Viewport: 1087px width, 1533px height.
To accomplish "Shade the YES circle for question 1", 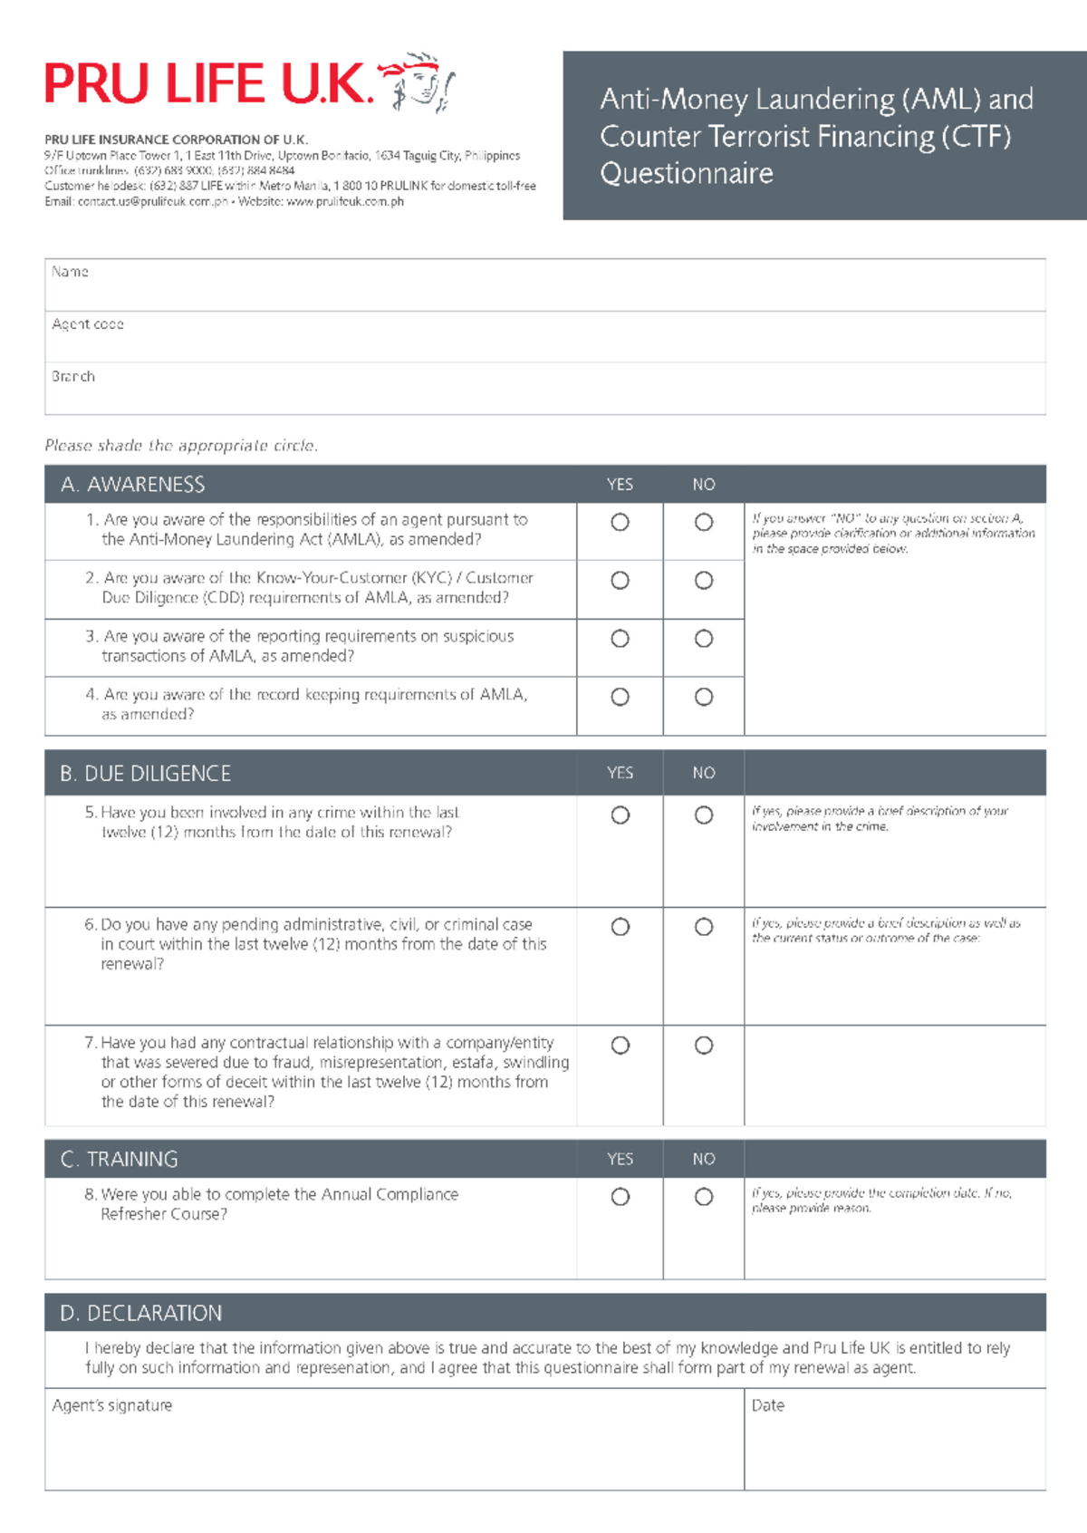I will (x=620, y=522).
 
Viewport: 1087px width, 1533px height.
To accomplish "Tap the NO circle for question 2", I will (x=704, y=581).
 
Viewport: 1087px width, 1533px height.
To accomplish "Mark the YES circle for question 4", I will (x=620, y=697).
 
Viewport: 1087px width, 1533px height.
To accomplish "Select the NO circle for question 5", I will (x=704, y=815).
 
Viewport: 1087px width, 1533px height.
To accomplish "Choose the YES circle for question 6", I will (x=620, y=927).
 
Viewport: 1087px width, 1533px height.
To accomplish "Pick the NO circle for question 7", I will (x=704, y=1046).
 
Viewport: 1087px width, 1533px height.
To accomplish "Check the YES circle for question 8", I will (x=620, y=1197).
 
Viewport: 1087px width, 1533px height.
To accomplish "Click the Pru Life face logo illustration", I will (x=418, y=82).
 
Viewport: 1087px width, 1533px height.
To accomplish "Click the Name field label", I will (x=70, y=272).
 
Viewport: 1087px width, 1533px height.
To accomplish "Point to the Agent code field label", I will (x=87, y=324).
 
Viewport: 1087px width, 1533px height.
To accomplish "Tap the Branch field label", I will (x=72, y=376).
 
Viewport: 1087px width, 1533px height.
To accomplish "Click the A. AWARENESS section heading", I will (x=133, y=485).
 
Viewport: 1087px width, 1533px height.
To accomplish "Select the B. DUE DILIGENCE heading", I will (x=145, y=774).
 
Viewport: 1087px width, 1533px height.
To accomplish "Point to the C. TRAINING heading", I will (x=119, y=1159).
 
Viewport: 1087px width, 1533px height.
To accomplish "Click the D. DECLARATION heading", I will (x=140, y=1313).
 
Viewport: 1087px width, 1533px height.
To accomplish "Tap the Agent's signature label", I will (x=111, y=1405).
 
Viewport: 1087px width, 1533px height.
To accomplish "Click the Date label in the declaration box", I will (x=767, y=1405).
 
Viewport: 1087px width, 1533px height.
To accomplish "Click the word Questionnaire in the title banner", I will (x=687, y=173).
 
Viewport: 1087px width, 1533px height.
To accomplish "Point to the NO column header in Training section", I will (x=704, y=1159).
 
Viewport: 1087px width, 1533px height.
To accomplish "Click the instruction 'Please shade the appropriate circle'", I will (x=181, y=446).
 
